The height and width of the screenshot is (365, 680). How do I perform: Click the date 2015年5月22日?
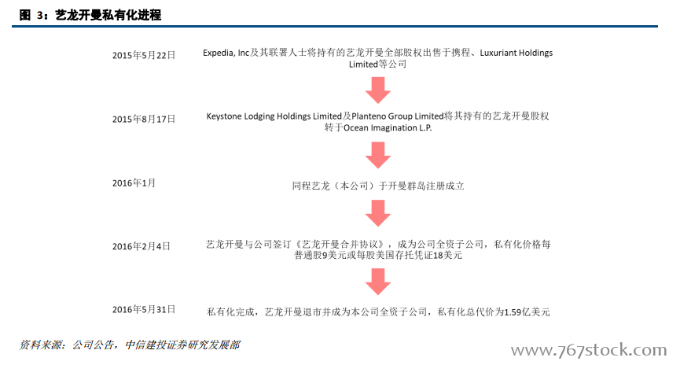(144, 55)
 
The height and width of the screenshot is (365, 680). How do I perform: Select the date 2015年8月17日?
(144, 119)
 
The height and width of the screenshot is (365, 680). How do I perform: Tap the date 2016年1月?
(134, 182)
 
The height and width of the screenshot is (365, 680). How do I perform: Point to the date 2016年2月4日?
(141, 246)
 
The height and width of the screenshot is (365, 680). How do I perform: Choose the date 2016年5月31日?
(144, 309)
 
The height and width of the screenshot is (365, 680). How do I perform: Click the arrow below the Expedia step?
(377, 90)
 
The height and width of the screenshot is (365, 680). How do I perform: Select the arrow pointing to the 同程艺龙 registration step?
(377, 155)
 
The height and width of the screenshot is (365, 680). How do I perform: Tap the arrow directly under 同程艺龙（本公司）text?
(377, 213)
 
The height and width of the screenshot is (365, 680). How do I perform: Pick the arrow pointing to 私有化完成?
(377, 282)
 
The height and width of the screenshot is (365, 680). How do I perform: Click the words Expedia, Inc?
(226, 53)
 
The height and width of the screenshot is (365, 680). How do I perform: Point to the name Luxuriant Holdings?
(516, 53)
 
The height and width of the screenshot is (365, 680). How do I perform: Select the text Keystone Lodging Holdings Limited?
(274, 116)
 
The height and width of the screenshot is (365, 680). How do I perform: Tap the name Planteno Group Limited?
(397, 116)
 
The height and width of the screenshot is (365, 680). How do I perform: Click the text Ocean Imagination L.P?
(388, 127)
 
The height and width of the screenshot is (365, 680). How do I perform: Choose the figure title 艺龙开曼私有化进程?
(108, 15)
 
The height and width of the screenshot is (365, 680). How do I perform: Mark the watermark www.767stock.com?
(589, 350)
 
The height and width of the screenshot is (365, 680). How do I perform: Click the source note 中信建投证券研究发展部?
(182, 345)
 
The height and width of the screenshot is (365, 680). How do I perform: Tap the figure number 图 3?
(32, 15)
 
